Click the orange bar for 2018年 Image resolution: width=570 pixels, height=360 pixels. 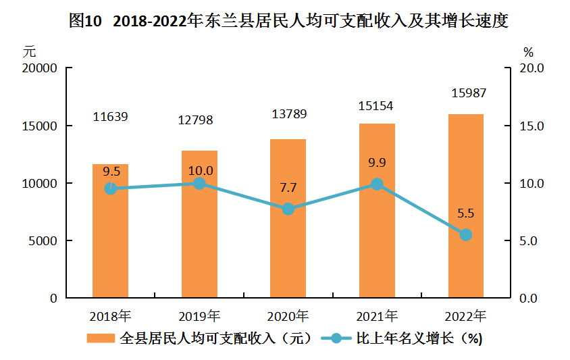[110, 230]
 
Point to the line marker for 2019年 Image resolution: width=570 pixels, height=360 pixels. [199, 183]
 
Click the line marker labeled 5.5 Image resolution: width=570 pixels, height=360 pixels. [465, 235]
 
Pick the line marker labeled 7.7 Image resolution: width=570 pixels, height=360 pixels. [288, 209]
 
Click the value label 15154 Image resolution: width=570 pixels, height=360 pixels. [376, 106]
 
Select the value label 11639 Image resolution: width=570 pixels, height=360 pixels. [110, 117]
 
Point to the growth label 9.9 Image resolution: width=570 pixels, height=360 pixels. [376, 162]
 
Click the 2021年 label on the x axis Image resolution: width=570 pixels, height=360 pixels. [376, 315]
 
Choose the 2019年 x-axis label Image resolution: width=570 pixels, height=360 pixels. [199, 315]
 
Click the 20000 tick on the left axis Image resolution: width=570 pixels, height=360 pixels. [39, 68]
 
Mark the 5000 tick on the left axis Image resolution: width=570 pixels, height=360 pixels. [43, 241]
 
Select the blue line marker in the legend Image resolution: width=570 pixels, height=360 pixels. [336, 338]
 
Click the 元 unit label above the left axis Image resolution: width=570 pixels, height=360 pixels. [28, 51]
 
